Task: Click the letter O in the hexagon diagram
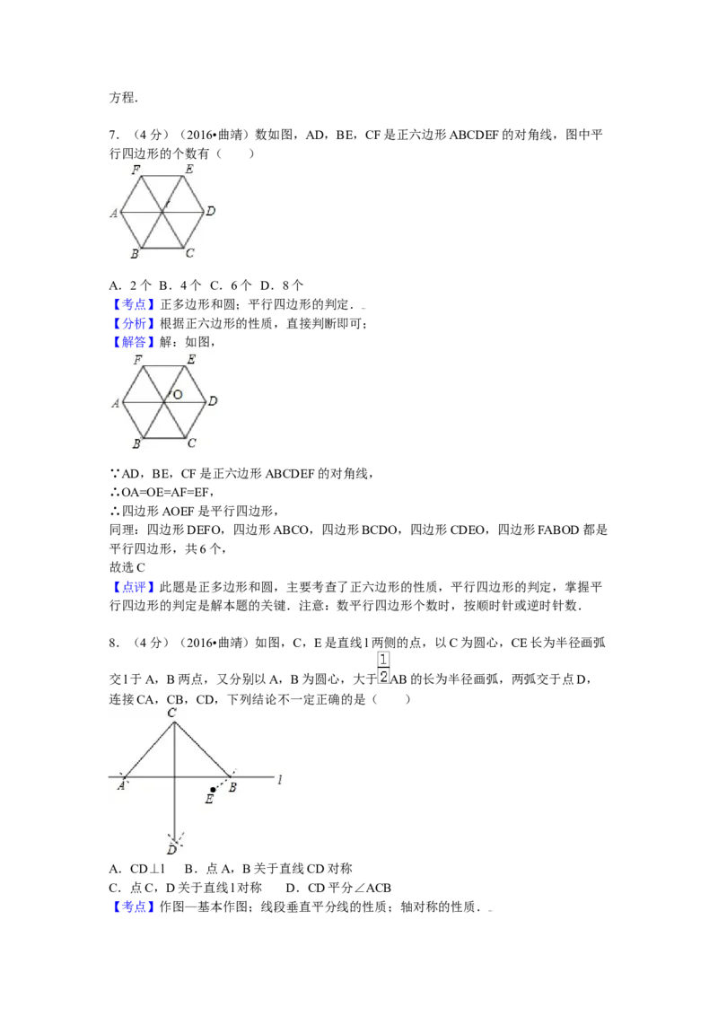coord(178,394)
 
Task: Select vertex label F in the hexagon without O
coord(136,169)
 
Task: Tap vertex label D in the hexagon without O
coord(210,211)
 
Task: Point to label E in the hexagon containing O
coord(190,360)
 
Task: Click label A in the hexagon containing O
coord(115,404)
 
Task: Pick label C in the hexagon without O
coord(189,254)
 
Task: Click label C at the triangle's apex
coord(171,712)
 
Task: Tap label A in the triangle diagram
coord(120,785)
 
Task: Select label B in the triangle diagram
coord(232,787)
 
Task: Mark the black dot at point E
coord(213,790)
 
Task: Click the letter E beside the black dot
coord(209,800)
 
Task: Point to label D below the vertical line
coord(171,849)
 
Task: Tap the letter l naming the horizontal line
coord(280,778)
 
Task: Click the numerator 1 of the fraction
coord(383,660)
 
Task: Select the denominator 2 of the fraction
coord(383,677)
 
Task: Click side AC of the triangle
coord(148,749)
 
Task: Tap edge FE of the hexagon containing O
coord(163,368)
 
